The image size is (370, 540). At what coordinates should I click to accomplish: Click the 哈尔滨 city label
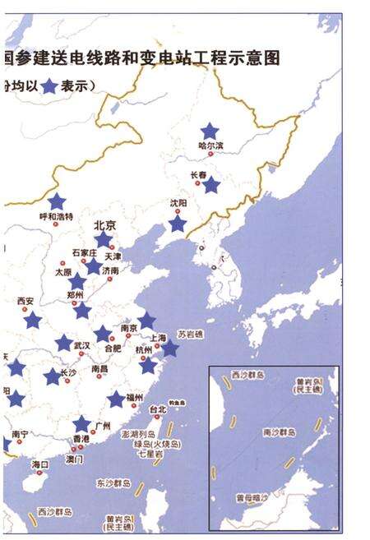click(211, 146)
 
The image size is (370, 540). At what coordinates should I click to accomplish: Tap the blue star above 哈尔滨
click(210, 131)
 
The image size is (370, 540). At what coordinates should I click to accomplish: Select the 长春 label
click(199, 174)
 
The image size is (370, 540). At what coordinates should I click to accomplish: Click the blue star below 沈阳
click(178, 224)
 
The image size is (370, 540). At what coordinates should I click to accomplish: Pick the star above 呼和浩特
click(56, 201)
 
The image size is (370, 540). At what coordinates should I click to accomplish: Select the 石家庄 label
click(85, 252)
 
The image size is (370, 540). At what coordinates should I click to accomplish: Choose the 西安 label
click(25, 302)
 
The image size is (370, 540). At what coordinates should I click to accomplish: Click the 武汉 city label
click(81, 345)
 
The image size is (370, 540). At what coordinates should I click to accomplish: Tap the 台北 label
click(158, 408)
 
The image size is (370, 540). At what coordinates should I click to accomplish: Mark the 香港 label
click(80, 440)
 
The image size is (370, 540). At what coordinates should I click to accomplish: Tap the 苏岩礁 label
click(192, 335)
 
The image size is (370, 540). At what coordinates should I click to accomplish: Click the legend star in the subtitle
click(50, 85)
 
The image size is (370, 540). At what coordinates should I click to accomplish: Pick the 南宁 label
click(20, 433)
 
